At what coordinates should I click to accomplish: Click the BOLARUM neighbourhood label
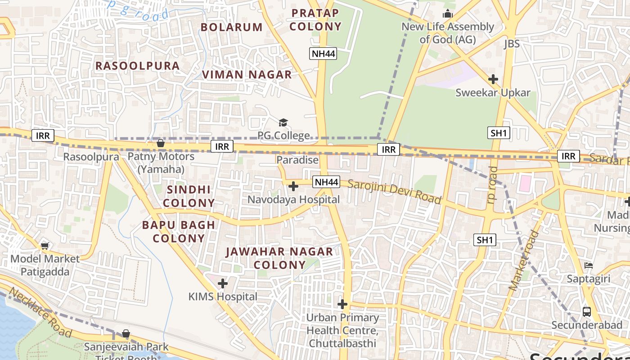point(231,27)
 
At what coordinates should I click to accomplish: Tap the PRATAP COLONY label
point(315,20)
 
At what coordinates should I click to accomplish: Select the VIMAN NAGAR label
point(247,75)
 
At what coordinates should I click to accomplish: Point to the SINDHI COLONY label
point(189,196)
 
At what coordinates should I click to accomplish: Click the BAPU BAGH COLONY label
point(179,231)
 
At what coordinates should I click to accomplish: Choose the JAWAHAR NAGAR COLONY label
point(279,258)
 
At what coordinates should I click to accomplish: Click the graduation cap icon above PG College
point(283,122)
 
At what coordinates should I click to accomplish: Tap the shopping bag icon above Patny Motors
point(160,144)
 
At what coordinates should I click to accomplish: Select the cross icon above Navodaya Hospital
point(293,186)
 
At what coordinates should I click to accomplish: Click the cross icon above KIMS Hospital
point(222,283)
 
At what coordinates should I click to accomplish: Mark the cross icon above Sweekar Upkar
point(493,79)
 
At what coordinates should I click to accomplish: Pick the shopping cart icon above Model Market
point(45,246)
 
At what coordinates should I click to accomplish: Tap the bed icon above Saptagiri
point(588,265)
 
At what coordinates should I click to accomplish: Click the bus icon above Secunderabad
point(586,311)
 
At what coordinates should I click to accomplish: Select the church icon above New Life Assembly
point(447,14)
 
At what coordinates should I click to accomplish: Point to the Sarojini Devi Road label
point(394,191)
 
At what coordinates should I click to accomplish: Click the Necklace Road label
point(40,312)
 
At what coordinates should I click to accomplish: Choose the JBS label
point(512,44)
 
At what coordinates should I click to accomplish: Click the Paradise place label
point(297,160)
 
